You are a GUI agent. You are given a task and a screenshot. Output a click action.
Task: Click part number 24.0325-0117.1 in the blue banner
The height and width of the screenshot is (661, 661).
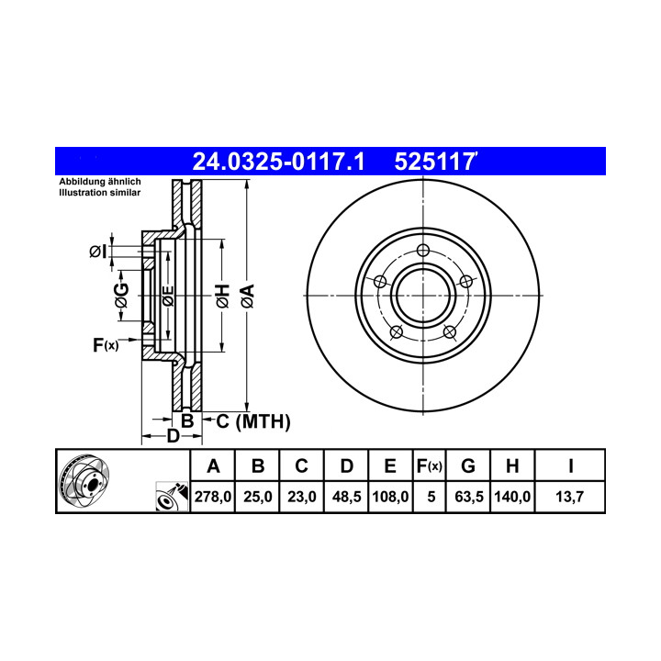(278, 162)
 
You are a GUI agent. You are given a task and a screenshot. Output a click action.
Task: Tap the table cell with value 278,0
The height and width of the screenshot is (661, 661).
(213, 497)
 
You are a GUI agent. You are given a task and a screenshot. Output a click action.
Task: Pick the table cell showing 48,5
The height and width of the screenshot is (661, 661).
(346, 497)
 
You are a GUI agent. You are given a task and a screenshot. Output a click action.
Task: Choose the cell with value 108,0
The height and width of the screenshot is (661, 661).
(390, 497)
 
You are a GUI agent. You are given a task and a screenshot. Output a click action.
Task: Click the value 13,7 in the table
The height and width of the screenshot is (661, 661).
(569, 497)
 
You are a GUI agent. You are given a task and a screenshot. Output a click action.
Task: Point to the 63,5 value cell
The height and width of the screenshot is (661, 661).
(468, 497)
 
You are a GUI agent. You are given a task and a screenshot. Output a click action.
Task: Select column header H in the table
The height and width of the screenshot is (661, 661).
(512, 465)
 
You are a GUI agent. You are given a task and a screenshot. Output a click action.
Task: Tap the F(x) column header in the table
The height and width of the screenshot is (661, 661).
(429, 465)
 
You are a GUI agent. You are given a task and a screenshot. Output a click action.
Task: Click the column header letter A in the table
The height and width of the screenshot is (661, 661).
(213, 465)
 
